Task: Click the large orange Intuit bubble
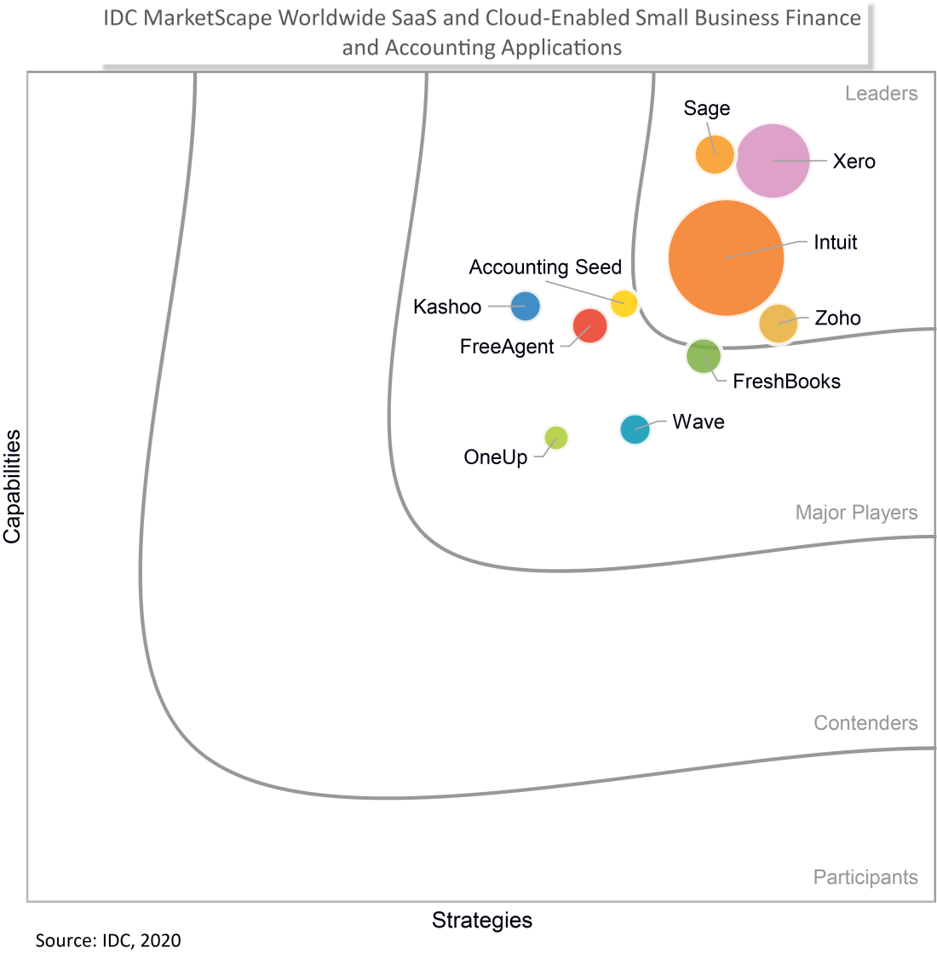click(726, 257)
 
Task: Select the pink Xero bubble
click(772, 160)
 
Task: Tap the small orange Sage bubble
click(715, 154)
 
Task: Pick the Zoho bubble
click(778, 324)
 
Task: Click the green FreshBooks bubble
click(704, 356)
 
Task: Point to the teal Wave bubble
click(635, 429)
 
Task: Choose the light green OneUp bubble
click(556, 438)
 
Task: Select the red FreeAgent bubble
click(589, 325)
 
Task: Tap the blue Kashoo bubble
click(525, 305)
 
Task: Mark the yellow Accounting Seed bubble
click(624, 303)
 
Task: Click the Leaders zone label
click(881, 93)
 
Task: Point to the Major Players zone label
click(856, 513)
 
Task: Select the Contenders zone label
click(865, 723)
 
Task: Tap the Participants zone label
click(865, 877)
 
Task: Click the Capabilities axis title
click(12, 486)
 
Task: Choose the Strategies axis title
click(482, 921)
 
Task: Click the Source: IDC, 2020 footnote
click(108, 940)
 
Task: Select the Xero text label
click(854, 161)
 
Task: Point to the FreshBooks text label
click(786, 382)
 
